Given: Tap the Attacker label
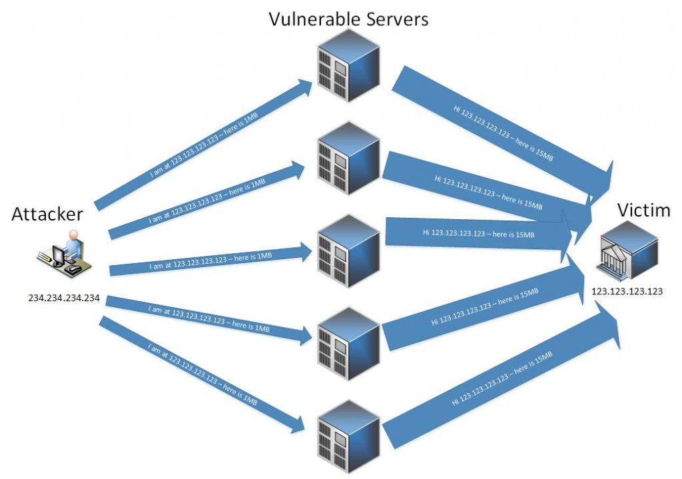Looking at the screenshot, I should [x=47, y=214].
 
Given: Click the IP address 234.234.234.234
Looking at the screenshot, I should [x=63, y=298].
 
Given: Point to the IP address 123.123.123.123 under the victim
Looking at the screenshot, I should [x=627, y=291].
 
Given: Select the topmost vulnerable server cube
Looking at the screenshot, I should [x=348, y=65].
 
